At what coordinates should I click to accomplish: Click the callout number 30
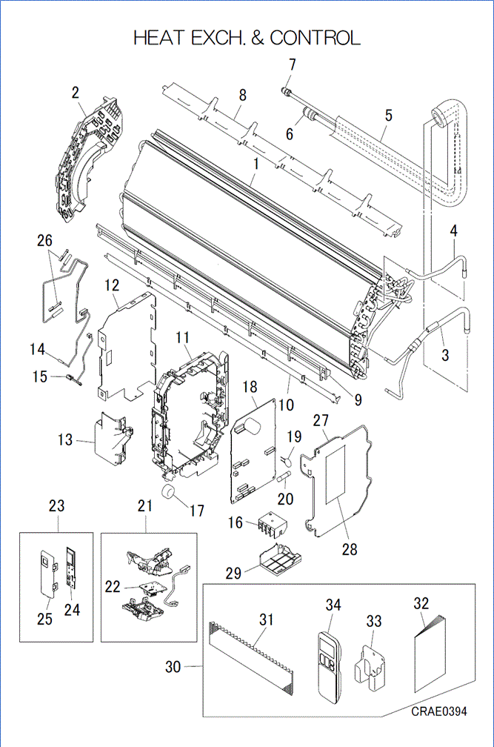pos(172,667)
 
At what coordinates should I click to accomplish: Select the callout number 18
pos(250,387)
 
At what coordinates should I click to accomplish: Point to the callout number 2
pos(75,93)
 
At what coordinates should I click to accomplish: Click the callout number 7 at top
pos(292,65)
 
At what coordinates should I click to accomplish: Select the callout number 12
pos(112,285)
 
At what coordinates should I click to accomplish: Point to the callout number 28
pos(350,549)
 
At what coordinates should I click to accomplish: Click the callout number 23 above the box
pos(56,506)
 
